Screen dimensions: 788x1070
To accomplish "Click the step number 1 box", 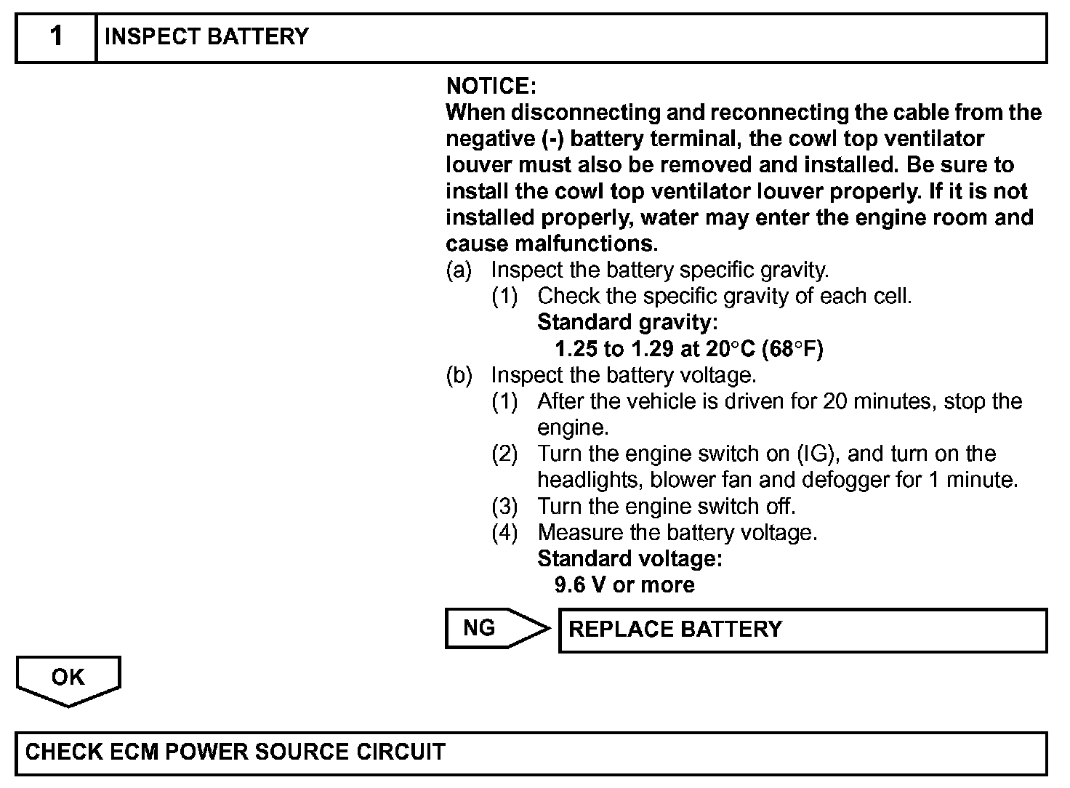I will tap(56, 37).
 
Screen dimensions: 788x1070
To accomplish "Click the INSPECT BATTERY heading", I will tap(206, 37).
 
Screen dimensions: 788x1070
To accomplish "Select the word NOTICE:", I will tap(491, 87).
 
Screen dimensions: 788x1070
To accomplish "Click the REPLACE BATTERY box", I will tap(802, 630).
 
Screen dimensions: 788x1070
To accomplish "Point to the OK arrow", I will tap(68, 679).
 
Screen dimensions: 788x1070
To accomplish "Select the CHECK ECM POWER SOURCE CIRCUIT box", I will tap(531, 752).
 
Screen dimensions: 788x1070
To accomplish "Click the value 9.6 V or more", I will tap(624, 585).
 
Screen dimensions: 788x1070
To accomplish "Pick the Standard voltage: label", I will tap(629, 559).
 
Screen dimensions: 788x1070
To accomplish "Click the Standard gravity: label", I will tap(627, 322).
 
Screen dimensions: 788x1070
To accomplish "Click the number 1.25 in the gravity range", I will tap(576, 349).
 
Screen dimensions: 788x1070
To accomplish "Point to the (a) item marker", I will tap(459, 270).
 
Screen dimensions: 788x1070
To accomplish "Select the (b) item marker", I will tap(459, 376).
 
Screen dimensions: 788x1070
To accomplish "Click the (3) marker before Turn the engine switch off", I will tap(504, 506).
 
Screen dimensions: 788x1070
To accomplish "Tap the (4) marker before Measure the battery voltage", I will tap(504, 533).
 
